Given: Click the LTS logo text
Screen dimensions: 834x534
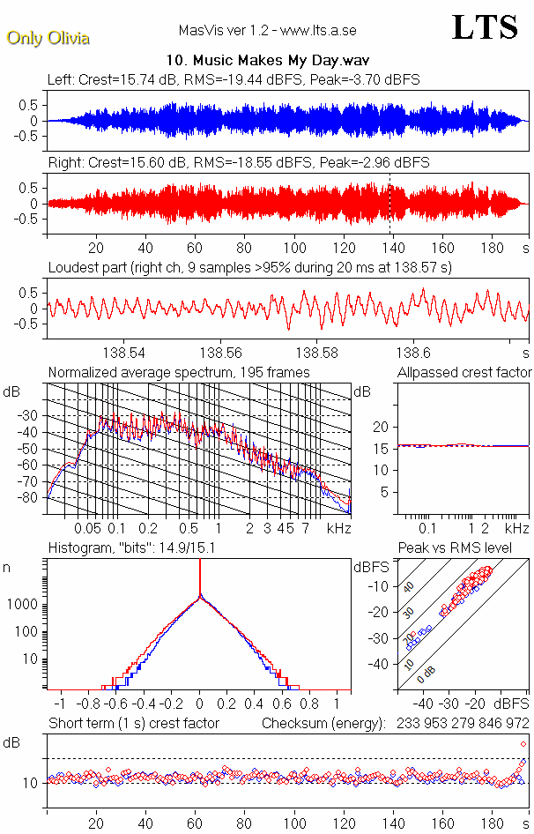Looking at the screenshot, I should click(485, 28).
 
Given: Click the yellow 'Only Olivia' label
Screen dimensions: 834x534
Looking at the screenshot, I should click(48, 38).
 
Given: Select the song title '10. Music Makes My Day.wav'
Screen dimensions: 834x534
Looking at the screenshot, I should click(267, 61).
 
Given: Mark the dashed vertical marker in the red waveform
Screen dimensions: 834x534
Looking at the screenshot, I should click(389, 204).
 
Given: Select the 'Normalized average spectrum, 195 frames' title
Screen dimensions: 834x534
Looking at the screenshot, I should click(179, 373).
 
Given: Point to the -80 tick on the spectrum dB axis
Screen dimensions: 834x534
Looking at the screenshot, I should click(34, 498).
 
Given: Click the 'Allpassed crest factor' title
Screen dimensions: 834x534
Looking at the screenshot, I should click(464, 373).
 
